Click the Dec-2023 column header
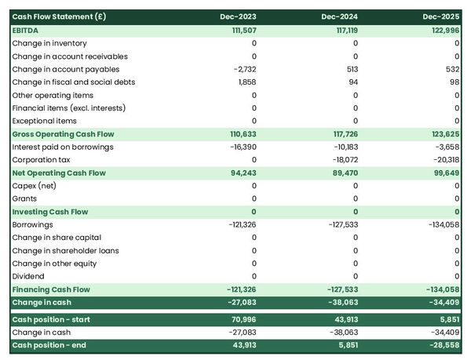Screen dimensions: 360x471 (x=240, y=16)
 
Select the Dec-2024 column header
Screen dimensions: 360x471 (x=341, y=16)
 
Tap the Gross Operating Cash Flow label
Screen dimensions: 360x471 (x=63, y=134)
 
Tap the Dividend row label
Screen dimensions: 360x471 (x=28, y=276)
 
